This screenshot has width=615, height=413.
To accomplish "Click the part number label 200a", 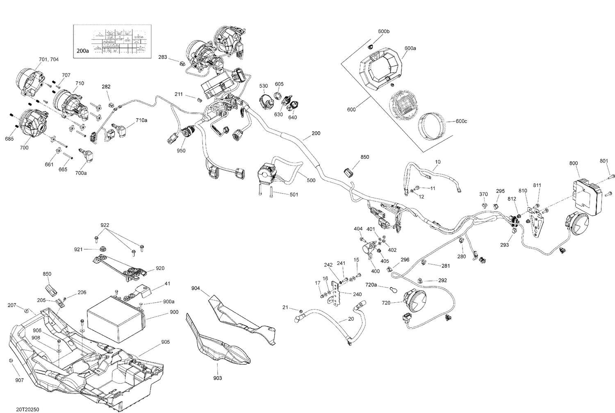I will coord(82,51).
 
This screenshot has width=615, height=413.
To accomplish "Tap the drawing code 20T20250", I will coord(28,409).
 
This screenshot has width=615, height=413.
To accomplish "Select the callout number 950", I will coord(181,151).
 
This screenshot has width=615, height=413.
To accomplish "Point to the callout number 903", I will coord(218,378).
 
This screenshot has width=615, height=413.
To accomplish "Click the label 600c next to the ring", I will coord(461,121).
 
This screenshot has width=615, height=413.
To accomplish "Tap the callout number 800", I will coord(574,163).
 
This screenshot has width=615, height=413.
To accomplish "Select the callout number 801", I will coord(604,161).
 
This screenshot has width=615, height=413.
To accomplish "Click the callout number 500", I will coord(311,180).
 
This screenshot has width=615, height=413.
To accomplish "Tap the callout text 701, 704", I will coord(49,59).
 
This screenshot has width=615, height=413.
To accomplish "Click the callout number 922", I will coord(105,225).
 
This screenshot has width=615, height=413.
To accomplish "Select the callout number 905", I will coord(165,342).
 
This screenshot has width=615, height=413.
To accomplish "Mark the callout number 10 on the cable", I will coord(438,162).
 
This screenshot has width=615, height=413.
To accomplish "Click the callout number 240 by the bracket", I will coord(357,294).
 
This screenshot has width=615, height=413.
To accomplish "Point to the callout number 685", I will coord(9,139).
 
